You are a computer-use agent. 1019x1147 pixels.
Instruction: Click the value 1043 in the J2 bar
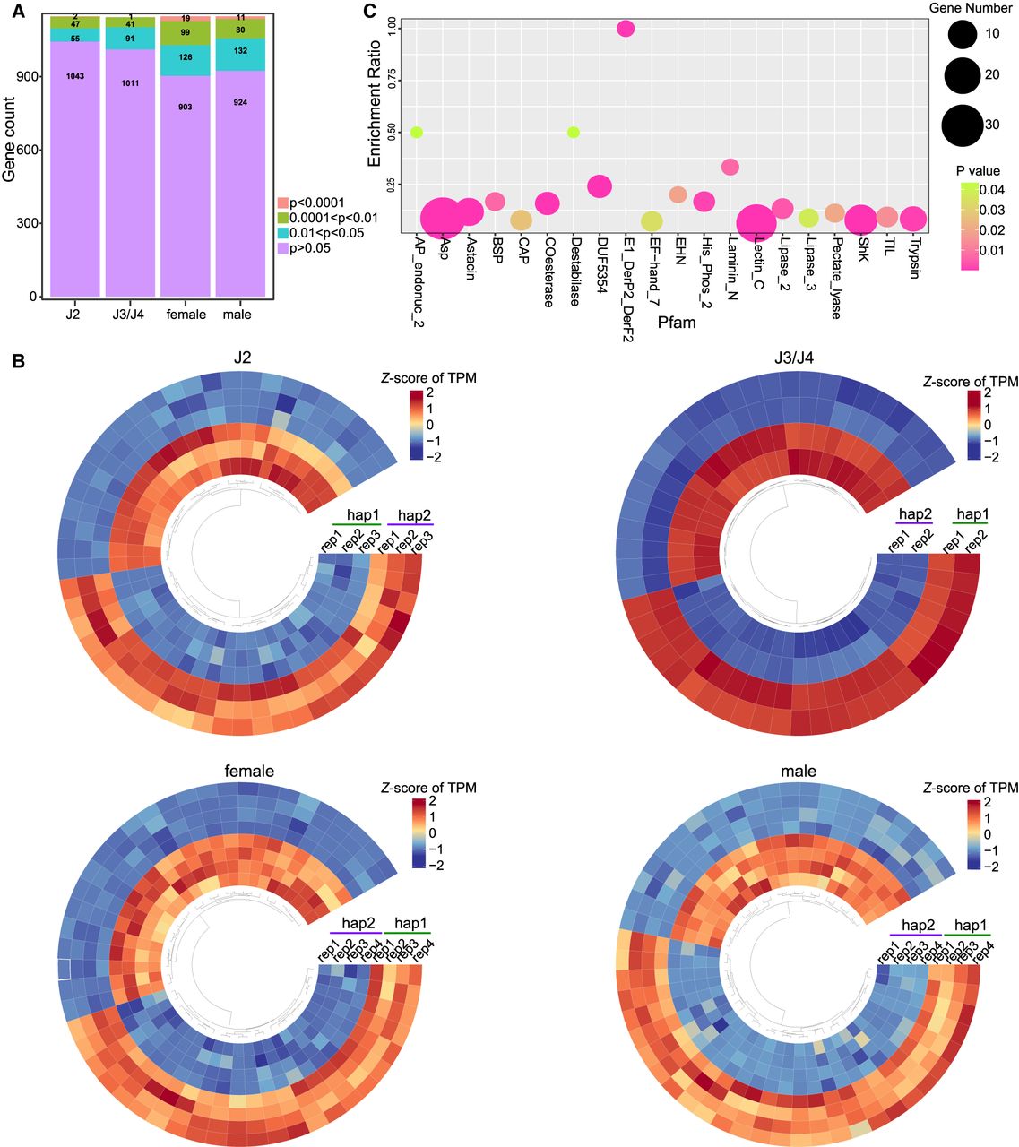tap(75, 76)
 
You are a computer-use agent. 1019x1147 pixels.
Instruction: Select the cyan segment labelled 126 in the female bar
tap(186, 59)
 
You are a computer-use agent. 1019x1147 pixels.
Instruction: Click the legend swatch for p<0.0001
tap(282, 203)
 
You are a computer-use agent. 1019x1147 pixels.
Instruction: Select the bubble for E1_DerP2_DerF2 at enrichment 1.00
tap(626, 29)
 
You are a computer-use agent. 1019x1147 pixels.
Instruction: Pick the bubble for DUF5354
tap(600, 185)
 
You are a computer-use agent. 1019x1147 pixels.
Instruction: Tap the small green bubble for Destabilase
tap(574, 133)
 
